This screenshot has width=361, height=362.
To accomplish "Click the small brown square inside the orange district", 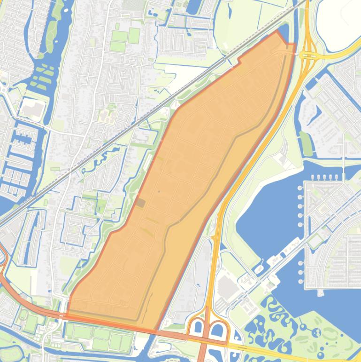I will click(x=141, y=203).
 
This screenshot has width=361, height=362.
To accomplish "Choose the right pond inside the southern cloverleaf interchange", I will click(x=217, y=331).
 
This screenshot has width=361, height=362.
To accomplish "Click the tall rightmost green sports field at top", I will click(x=134, y=35).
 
